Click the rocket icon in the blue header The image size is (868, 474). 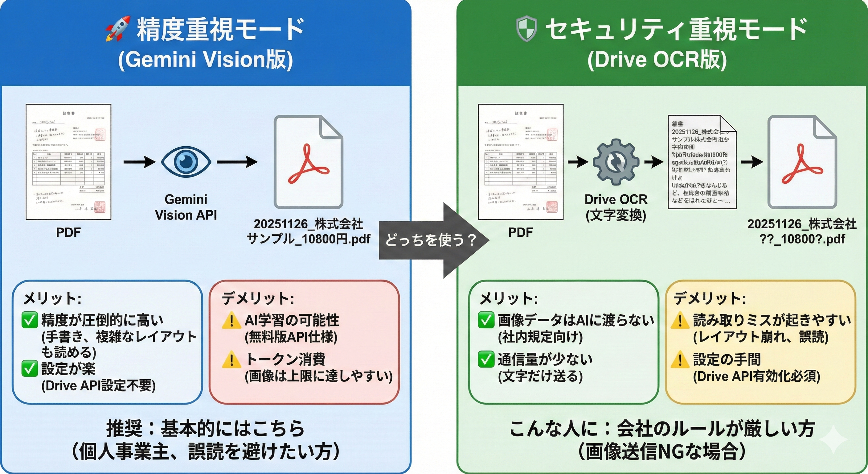pyautogui.click(x=118, y=28)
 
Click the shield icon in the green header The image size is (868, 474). pyautogui.click(x=526, y=29)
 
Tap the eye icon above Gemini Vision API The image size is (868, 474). pyautogui.click(x=186, y=162)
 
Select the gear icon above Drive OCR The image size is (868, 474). pyautogui.click(x=616, y=162)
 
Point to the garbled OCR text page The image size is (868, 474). pyautogui.click(x=702, y=162)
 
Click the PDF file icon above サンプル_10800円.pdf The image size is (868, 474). pyautogui.click(x=308, y=162)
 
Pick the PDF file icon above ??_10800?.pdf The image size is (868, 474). pyautogui.click(x=802, y=162)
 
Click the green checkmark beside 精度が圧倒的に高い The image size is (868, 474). pyautogui.click(x=30, y=320)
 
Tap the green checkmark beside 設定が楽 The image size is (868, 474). pyautogui.click(x=30, y=368)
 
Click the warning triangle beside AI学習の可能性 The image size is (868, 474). pyautogui.click(x=231, y=321)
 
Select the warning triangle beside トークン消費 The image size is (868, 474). pyautogui.click(x=231, y=360)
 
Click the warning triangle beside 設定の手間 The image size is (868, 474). pyautogui.click(x=680, y=360)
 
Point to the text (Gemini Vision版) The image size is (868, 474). pyautogui.click(x=206, y=60)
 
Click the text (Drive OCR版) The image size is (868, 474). pyautogui.click(x=657, y=60)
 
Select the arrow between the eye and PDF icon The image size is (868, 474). pyautogui.click(x=237, y=162)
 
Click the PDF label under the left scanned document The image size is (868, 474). pyautogui.click(x=68, y=232)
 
